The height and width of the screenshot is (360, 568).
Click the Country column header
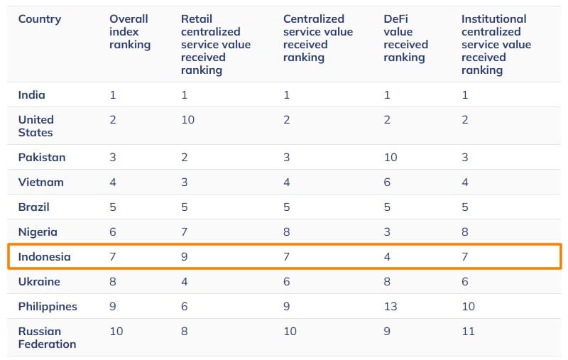40,19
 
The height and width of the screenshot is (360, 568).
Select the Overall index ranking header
129,32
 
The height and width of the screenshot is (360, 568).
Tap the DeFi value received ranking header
406,38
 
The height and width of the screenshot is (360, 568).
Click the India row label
32,95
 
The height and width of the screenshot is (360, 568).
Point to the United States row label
36,126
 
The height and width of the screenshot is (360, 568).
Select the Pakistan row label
42,157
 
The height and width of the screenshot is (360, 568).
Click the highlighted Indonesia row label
45,257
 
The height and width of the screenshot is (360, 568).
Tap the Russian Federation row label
47,337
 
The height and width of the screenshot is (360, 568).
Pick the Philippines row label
48,307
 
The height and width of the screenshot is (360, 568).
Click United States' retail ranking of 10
187,119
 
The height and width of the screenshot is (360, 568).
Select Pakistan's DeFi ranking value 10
390,157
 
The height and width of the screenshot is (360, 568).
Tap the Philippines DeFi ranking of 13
390,307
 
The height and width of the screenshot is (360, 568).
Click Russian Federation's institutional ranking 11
468,332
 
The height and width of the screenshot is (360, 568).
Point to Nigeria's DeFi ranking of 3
387,232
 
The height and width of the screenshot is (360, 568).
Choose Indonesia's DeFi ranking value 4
387,257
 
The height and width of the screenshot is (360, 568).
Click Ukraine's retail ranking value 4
185,282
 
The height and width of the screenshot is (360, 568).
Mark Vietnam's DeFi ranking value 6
387,182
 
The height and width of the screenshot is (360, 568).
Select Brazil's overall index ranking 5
113,207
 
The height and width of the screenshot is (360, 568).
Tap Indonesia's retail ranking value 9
185,257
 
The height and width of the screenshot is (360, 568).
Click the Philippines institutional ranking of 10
469,307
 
